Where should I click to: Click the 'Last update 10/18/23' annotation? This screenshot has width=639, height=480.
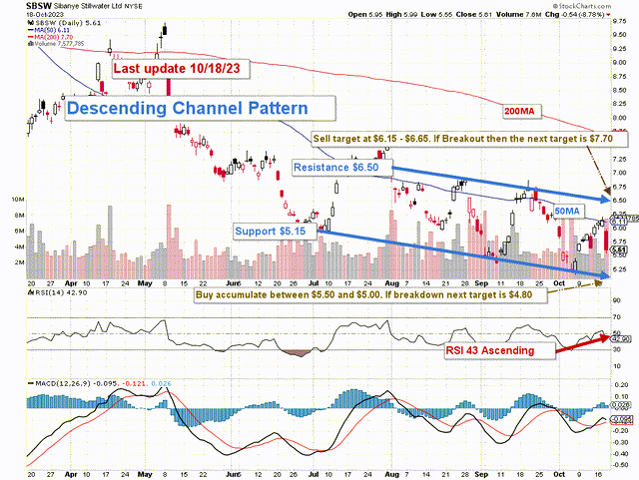pyautogui.click(x=180, y=69)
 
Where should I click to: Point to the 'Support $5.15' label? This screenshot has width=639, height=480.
pyautogui.click(x=275, y=231)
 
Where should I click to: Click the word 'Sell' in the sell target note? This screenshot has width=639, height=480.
pyautogui.click(x=323, y=137)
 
